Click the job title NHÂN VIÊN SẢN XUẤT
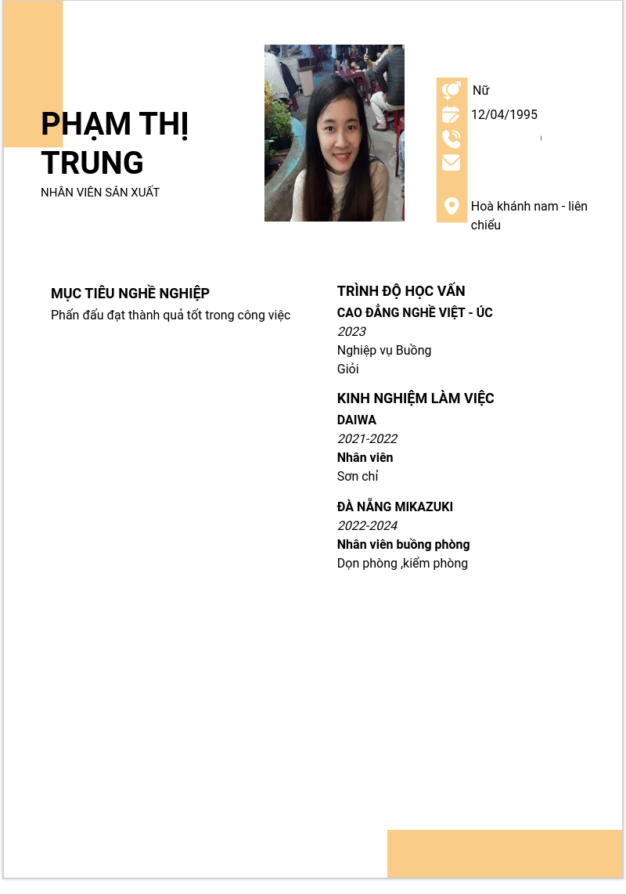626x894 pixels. coord(100,193)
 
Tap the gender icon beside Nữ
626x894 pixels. coord(452,91)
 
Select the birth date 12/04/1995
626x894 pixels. coord(504,115)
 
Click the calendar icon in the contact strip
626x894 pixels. coord(452,115)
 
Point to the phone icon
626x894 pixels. coord(452,139)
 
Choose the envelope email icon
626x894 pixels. coord(452,163)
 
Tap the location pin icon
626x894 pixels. coord(452,206)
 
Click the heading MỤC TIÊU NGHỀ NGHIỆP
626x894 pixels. coord(130,294)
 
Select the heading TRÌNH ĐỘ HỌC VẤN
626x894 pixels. coord(401,291)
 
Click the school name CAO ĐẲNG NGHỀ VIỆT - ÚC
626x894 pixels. coord(415,313)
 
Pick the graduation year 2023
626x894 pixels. coord(351,332)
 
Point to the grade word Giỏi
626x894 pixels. coord(347,369)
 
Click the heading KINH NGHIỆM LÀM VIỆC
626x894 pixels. coord(416,398)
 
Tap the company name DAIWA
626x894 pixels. coord(357,420)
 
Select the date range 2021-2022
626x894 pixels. coord(367,439)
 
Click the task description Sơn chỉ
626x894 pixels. coord(358,477)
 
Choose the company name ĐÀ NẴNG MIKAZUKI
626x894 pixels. coord(395,507)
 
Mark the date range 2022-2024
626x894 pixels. coord(367,526)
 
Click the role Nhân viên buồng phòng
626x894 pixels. coord(403,545)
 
